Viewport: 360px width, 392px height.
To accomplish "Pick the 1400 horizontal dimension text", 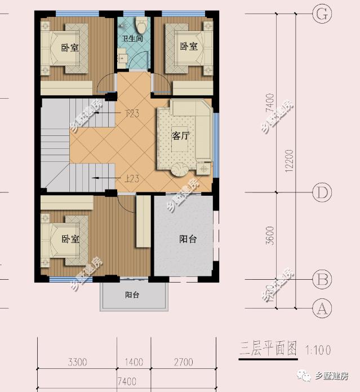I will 134,362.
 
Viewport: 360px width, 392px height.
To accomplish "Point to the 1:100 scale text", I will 318,350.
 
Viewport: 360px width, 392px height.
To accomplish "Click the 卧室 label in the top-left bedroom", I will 69,47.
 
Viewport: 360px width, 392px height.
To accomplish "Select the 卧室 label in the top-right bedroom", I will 189,46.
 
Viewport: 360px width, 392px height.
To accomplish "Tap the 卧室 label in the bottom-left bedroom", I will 70,239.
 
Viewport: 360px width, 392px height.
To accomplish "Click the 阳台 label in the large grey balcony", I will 188,239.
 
